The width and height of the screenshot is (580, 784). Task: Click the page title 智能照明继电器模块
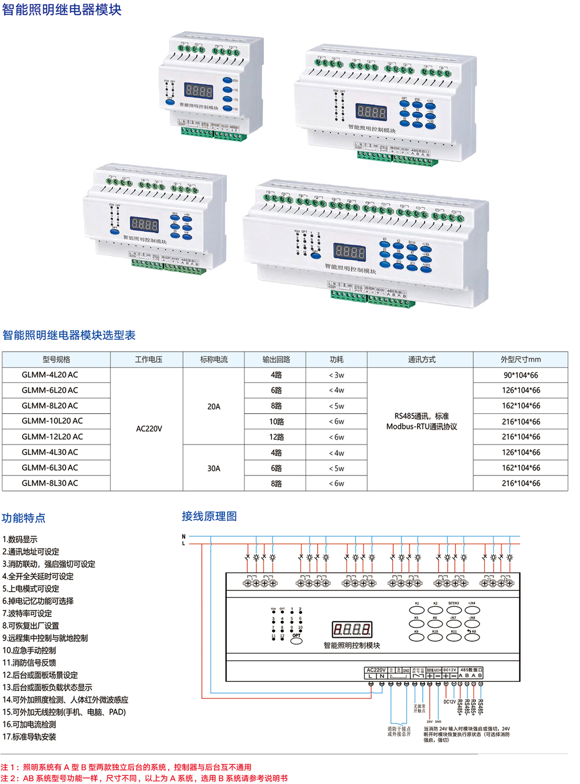click(62, 10)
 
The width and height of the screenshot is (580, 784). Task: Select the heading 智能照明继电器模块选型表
click(69, 335)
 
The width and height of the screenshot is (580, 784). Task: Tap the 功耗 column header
click(336, 360)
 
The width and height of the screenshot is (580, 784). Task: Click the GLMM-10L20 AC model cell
click(52, 421)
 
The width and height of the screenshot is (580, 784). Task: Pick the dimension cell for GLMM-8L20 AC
click(521, 406)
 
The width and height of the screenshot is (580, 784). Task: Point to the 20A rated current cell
click(213, 406)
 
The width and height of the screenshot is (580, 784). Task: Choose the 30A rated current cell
click(213, 468)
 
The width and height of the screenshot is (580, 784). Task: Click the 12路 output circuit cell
click(276, 436)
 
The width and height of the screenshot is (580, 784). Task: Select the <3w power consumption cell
click(336, 375)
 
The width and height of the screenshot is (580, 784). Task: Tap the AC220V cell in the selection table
click(148, 428)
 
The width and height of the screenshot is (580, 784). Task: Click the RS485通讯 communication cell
click(421, 421)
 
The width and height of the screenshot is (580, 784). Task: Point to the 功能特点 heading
click(24, 518)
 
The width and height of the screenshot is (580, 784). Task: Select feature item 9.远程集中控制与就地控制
click(45, 638)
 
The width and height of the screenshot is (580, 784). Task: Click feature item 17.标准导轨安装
click(30, 736)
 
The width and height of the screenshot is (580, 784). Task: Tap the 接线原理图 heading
click(209, 516)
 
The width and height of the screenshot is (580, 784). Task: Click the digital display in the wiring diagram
click(351, 628)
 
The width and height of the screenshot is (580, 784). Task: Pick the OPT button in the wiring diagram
click(296, 641)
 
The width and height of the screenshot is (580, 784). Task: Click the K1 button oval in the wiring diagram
click(416, 610)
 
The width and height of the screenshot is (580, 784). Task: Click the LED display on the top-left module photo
click(198, 91)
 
